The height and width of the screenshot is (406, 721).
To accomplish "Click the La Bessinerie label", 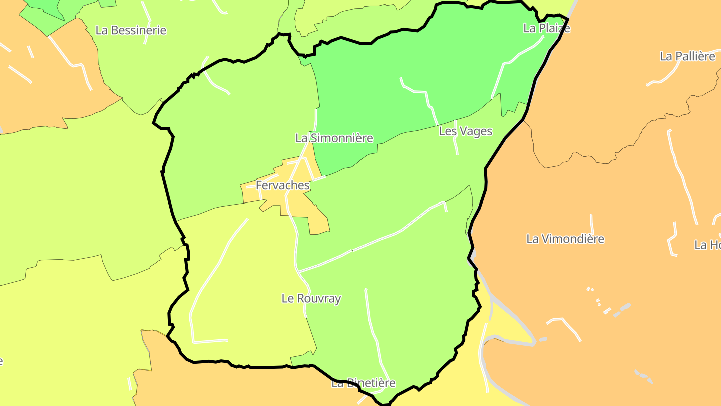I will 131,30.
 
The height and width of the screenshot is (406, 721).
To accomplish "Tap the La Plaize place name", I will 546,28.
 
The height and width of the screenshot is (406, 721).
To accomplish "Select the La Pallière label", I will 687,56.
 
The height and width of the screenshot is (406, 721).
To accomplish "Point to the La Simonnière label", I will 334,138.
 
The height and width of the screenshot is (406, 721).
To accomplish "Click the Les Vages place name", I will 465,131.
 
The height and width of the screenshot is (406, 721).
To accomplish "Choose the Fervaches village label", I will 282,185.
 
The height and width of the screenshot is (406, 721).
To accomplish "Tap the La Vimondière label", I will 565,239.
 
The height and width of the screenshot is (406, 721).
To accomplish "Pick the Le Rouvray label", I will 311,299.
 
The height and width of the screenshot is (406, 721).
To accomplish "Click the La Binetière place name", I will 363,383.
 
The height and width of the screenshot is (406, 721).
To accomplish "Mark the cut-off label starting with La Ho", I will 707,245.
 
